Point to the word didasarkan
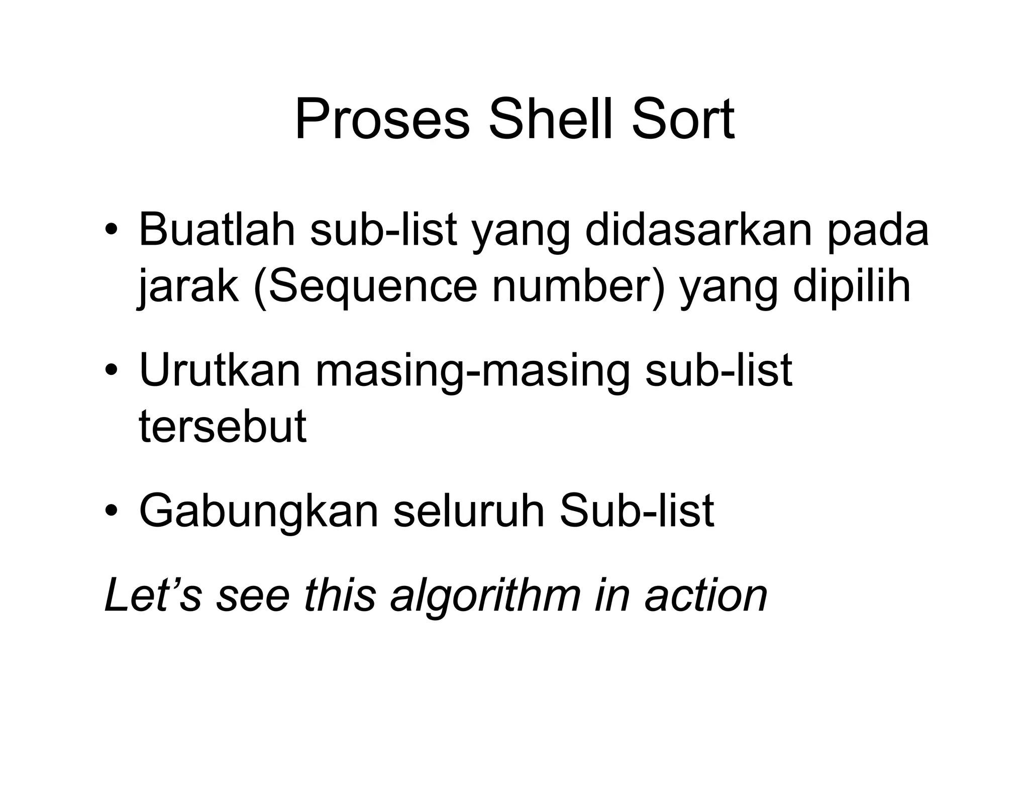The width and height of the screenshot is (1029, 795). point(699,230)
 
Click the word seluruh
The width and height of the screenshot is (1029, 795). point(469,511)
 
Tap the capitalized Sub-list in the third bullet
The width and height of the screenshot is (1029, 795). point(636,511)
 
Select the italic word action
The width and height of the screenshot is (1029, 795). point(706,595)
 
